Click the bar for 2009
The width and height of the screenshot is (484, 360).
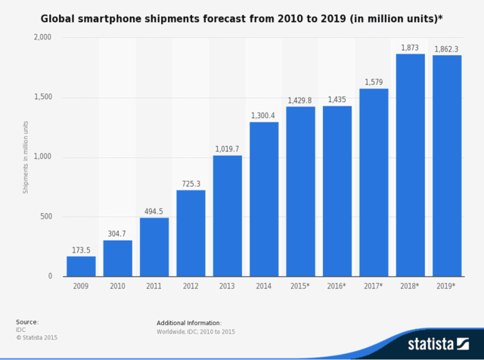[x=81, y=266]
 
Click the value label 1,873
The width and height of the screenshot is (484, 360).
[x=411, y=48]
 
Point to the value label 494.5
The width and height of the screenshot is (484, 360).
[x=154, y=212]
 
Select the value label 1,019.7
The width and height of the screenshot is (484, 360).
[x=227, y=149]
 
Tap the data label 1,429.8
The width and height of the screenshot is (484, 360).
[x=300, y=100]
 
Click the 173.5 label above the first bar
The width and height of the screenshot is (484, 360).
[x=81, y=250]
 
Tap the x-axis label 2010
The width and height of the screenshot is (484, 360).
[x=117, y=287]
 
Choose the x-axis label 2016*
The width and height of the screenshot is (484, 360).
[x=337, y=287]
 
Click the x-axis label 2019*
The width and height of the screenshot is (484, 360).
[x=447, y=287]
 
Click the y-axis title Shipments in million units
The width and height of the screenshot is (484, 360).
[x=25, y=157]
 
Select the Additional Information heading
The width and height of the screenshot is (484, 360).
[x=189, y=322]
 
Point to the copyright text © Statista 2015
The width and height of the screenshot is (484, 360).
[x=36, y=337]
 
